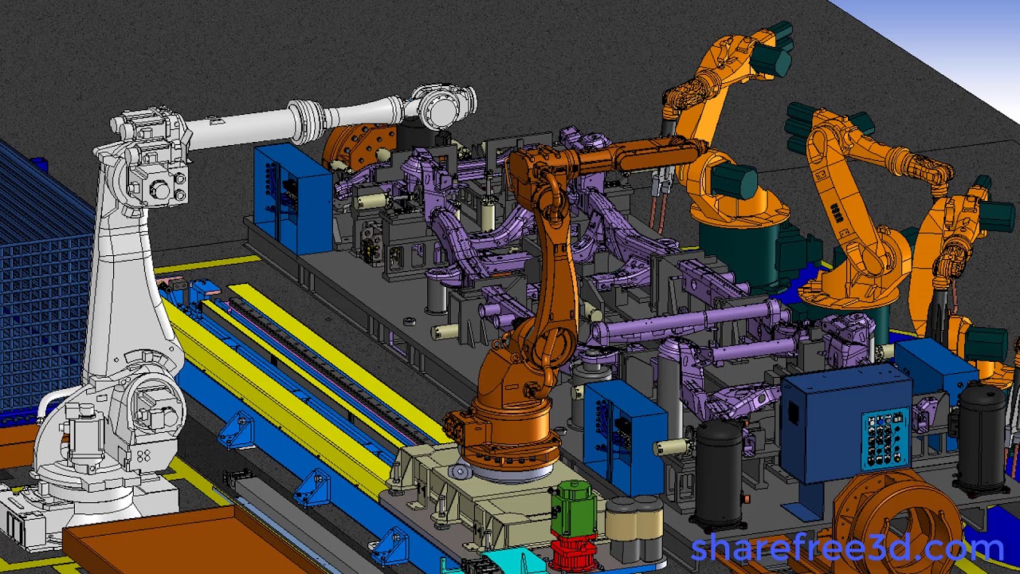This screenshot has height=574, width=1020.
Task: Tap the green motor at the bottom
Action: [x=573, y=509]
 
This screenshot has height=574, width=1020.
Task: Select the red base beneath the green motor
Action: [x=572, y=553]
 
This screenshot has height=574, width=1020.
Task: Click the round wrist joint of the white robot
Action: [x=445, y=108]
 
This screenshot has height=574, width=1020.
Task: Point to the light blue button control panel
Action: [x=884, y=438]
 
